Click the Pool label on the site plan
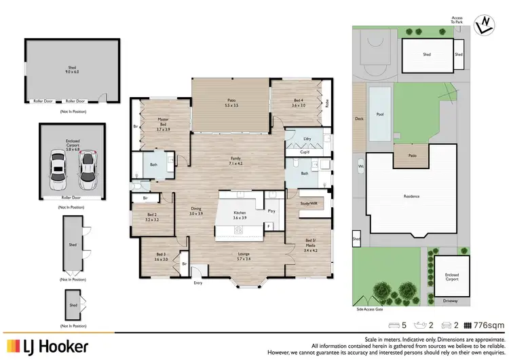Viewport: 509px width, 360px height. click(380, 114)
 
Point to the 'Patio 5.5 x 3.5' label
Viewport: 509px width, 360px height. click(231, 104)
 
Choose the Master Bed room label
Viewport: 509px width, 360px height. click(163, 124)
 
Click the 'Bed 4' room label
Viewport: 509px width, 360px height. click(299, 103)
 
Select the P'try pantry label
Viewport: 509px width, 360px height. click(271, 211)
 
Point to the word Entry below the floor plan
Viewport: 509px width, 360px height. click(198, 283)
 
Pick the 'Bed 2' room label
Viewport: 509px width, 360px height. click(151, 217)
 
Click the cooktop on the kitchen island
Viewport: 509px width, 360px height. click(240, 230)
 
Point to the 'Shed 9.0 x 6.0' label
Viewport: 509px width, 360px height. click(72, 70)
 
